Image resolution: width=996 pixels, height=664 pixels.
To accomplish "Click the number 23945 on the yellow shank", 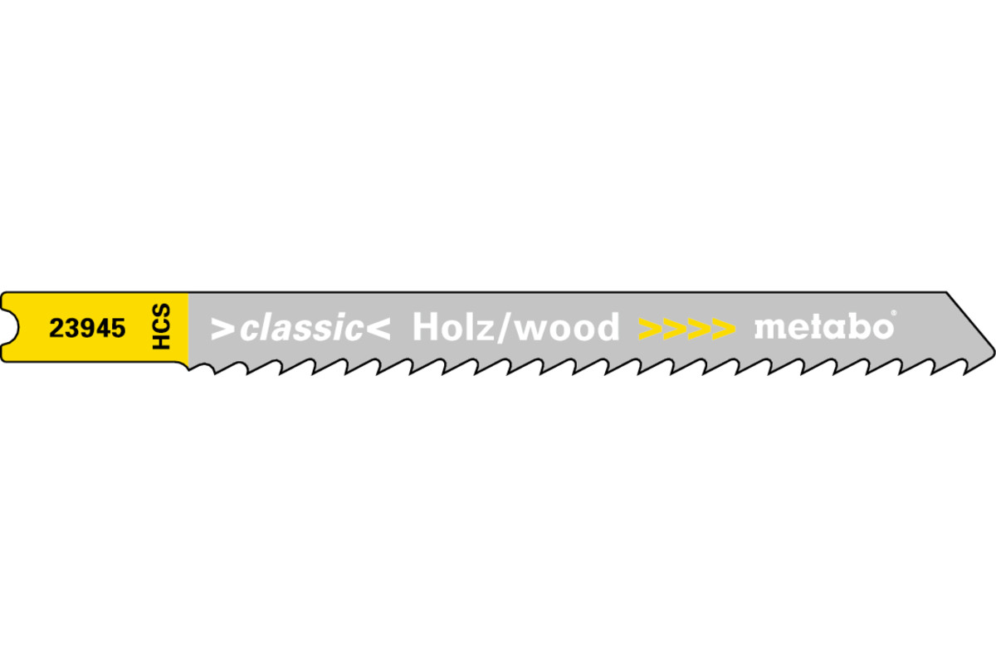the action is (88, 328).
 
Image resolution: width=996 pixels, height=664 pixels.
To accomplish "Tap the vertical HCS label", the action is (161, 326).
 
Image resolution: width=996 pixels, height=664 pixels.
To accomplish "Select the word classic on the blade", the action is (301, 327).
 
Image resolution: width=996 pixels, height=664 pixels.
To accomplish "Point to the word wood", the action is (566, 327).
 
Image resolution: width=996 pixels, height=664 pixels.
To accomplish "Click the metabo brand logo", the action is (824, 327).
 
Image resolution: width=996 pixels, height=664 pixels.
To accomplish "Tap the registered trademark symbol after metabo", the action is (894, 313).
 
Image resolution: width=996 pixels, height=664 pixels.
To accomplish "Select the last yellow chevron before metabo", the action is (724, 330).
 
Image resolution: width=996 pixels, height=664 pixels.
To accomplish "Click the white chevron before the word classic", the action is (222, 330).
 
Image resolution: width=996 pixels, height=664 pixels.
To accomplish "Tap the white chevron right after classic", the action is (378, 330).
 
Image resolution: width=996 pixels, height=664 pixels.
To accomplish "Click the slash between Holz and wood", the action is (505, 328).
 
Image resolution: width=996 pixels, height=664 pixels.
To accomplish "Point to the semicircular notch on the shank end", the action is (12, 327).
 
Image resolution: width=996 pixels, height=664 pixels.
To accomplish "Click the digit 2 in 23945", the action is (56, 328).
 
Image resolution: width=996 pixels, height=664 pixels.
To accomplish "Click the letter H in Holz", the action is (426, 327).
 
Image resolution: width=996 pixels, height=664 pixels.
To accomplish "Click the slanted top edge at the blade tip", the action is (970, 320).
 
